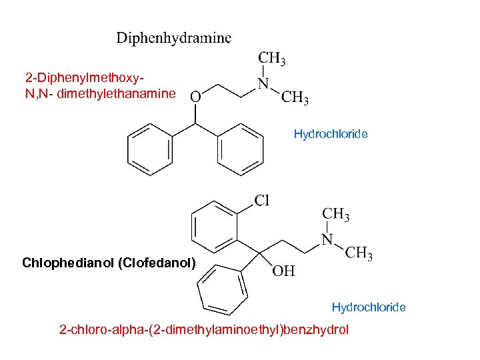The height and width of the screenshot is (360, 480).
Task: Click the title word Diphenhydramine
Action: tap(174, 38)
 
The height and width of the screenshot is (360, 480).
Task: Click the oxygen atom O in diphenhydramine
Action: tap(195, 97)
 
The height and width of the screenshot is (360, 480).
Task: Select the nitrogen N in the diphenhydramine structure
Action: tap(263, 84)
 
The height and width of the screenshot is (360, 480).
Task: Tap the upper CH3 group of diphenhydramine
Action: tap(272, 59)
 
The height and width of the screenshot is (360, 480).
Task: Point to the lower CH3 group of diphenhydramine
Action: tap(294, 99)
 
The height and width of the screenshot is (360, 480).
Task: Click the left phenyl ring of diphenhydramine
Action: tap(150, 151)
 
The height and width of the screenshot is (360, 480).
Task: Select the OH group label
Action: tap(283, 271)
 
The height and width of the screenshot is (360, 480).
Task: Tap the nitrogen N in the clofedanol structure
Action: tap(327, 239)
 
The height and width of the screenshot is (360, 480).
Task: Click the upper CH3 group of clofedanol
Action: tap(336, 215)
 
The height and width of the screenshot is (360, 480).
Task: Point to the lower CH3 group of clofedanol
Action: tap(359, 254)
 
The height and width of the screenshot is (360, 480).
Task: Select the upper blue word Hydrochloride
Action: tap(331, 134)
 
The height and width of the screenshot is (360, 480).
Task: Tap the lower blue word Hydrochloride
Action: tap(369, 307)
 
